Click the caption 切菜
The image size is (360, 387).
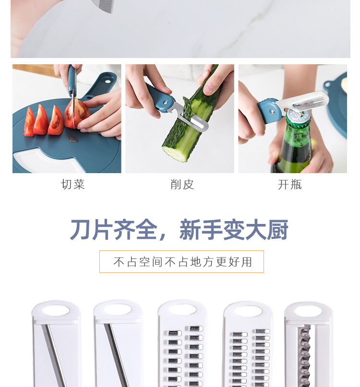click(73, 185)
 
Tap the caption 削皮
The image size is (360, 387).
click(182, 185)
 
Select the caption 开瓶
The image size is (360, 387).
click(290, 185)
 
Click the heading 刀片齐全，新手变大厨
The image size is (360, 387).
click(179, 230)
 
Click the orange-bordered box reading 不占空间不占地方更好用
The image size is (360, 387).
click(181, 262)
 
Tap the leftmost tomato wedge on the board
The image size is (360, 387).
click(30, 123)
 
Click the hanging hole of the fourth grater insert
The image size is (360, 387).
click(248, 311)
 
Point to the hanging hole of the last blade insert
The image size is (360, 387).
click(308, 311)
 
